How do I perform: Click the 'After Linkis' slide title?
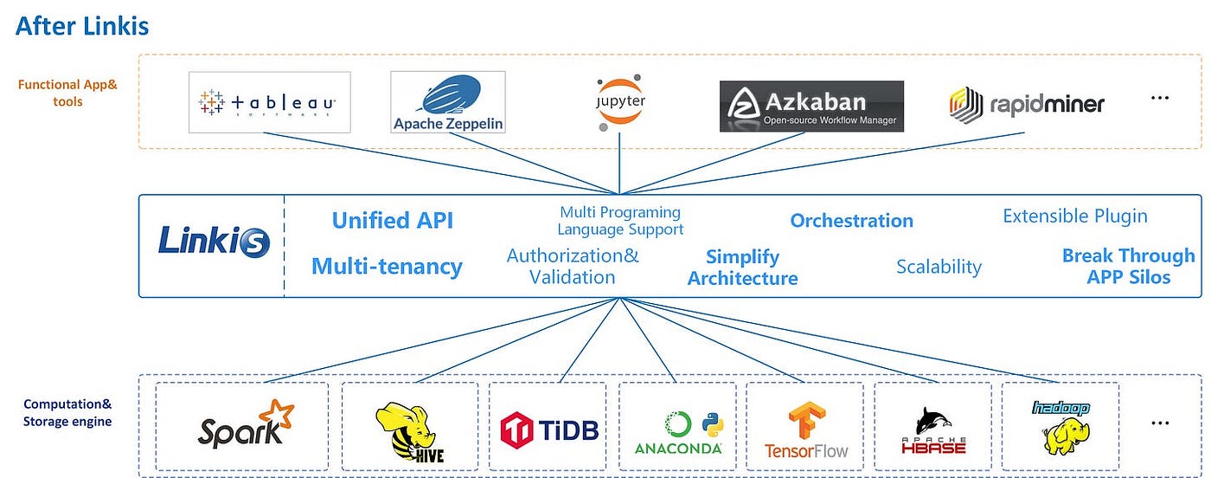coord(82,26)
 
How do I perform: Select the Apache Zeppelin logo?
coord(448,102)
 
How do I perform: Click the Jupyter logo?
coord(620,102)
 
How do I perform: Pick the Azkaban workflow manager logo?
coord(811,107)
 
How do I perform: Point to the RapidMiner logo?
coord(1027,104)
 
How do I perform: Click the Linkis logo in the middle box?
coord(215,241)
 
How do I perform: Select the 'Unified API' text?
coord(393,220)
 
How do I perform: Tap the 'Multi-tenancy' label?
coord(388,267)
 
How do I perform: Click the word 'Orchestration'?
coord(851,220)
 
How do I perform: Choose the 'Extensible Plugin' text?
coord(1074,216)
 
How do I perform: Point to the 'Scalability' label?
coord(939,267)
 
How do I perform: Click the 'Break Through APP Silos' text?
coord(1129,266)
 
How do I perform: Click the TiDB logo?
coord(549,430)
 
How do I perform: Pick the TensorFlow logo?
coord(806,430)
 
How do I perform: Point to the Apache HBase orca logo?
coord(933,430)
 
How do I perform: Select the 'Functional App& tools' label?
coord(67,94)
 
